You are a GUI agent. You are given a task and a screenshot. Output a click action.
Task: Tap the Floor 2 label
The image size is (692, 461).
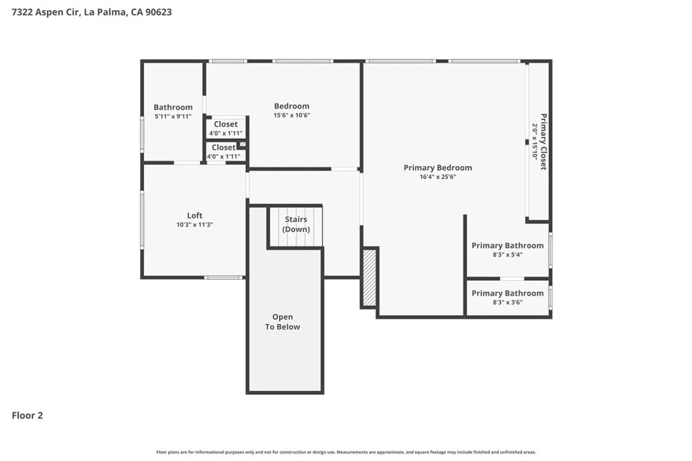click(27, 415)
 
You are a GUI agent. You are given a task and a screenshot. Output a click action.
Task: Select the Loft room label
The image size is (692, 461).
click(195, 215)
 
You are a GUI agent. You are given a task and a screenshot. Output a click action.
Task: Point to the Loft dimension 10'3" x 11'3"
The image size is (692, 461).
click(195, 224)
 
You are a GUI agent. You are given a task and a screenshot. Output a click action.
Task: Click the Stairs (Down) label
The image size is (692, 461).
click(296, 224)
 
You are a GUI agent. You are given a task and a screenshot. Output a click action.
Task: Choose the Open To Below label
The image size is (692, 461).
click(282, 322)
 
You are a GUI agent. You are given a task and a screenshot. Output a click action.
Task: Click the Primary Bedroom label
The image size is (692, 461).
click(438, 167)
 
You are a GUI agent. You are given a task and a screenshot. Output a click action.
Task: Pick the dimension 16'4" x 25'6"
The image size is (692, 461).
click(438, 177)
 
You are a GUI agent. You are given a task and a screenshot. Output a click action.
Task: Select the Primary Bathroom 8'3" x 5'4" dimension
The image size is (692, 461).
click(508, 254)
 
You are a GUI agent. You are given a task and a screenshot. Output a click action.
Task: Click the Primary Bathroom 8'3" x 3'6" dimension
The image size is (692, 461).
click(508, 302)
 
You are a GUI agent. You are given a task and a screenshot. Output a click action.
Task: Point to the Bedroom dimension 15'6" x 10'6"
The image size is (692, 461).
click(292, 115)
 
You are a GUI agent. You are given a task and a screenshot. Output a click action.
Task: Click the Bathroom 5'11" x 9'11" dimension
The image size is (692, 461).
click(173, 116)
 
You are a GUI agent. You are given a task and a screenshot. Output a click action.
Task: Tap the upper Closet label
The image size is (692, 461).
click(226, 124)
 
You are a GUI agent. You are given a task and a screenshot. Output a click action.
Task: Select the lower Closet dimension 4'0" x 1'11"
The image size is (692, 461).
click(223, 157)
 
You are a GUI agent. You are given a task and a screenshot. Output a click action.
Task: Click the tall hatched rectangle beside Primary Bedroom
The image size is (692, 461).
click(370, 277)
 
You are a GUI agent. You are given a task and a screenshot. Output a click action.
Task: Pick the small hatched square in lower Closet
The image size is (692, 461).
click(243, 144)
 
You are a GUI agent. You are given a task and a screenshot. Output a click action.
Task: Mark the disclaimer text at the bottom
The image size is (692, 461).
click(346, 452)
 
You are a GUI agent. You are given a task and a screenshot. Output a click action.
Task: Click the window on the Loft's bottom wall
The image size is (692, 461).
click(224, 277)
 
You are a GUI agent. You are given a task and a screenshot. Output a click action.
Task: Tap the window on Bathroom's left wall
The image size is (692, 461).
click(142, 135)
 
